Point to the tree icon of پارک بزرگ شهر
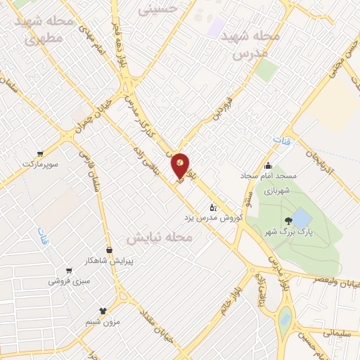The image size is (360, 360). (x=289, y=221)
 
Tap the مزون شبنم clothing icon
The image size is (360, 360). (x=104, y=310)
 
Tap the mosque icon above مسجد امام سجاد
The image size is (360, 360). (x=267, y=166)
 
